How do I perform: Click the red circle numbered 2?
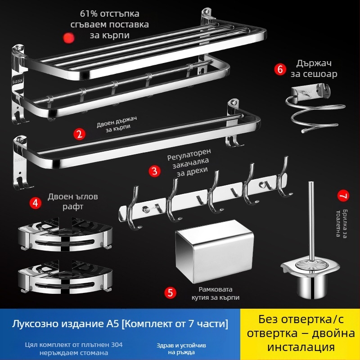click(x=79, y=134)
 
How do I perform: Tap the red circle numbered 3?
click(x=155, y=171)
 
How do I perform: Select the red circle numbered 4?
click(x=36, y=202)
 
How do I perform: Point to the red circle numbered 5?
click(x=170, y=293)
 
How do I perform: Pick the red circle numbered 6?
click(x=280, y=69)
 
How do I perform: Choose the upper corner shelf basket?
click(x=63, y=236)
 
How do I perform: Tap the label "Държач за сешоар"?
click(x=316, y=68)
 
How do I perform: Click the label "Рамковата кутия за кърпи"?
click(x=219, y=293)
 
